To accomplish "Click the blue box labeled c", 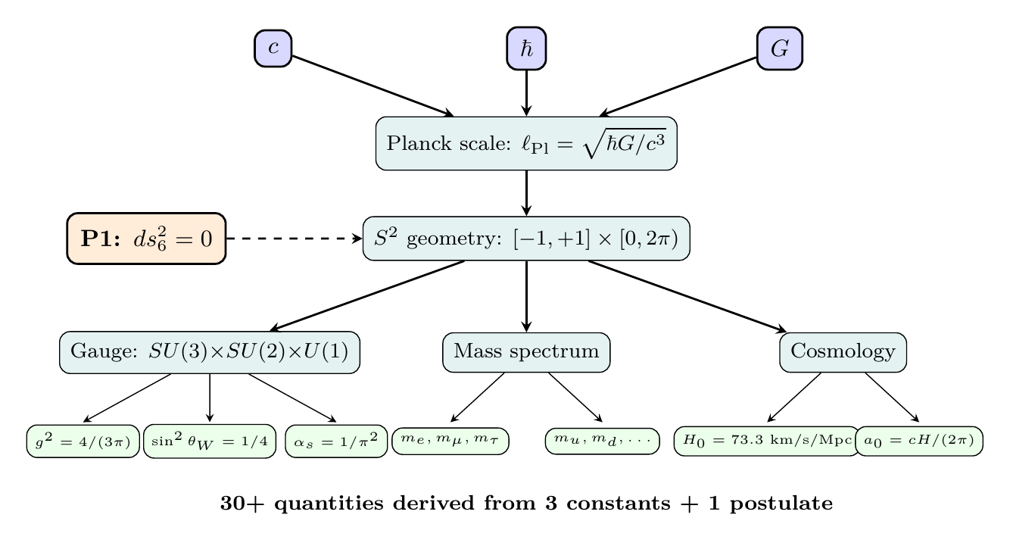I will (x=273, y=48).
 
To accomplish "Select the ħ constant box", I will (x=526, y=49).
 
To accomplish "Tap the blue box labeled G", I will (x=779, y=49).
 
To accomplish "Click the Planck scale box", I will (x=526, y=143).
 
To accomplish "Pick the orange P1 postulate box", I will (x=147, y=238).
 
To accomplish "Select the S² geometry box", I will (x=526, y=239).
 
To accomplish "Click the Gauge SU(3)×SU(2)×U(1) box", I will (x=210, y=352).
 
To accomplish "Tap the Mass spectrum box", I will (x=526, y=352).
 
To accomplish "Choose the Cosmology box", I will (x=843, y=352).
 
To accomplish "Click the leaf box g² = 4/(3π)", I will (x=83, y=441).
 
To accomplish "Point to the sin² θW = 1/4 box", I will (x=210, y=441).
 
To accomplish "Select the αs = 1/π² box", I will (x=336, y=441).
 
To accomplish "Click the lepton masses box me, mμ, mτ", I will (x=450, y=441).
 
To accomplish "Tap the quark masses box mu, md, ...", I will (x=602, y=441).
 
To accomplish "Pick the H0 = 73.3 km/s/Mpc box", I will (x=766, y=441).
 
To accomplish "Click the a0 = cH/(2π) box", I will (x=919, y=441).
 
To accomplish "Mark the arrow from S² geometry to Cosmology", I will (x=685, y=295).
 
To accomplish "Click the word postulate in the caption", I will (x=789, y=504).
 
